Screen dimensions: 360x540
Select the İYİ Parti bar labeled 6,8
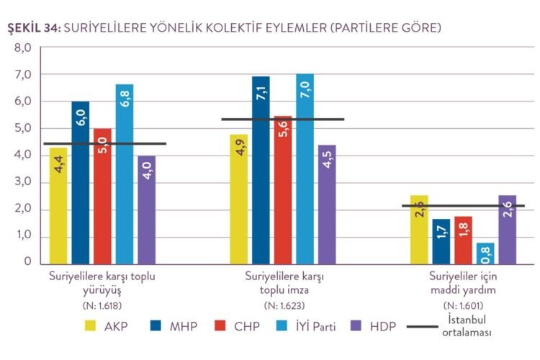tap(125, 174)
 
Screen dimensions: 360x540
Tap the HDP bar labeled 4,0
tap(146, 209)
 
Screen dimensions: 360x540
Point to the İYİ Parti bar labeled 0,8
tap(485, 253)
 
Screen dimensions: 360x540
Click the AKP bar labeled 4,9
tap(239, 198)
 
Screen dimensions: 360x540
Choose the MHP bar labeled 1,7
tap(441, 240)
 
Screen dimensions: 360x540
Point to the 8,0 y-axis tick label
tap(23, 48)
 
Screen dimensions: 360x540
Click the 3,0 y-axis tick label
tap(23, 182)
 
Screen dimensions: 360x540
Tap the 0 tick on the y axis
tap(27, 263)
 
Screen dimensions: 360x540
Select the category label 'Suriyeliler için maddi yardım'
tap(463, 282)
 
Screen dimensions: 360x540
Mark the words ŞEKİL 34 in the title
tap(33, 28)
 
